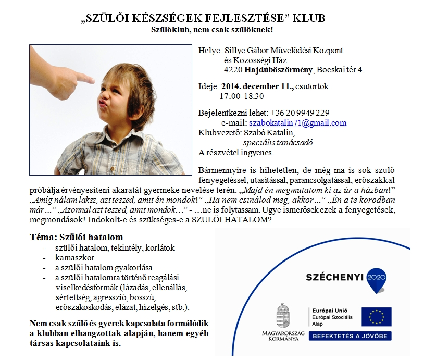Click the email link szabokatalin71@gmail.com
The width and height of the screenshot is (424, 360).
(x=297, y=123)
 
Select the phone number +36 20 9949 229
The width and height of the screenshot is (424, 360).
(x=300, y=113)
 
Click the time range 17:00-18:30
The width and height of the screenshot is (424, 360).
(x=242, y=96)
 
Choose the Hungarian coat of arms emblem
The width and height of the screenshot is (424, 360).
(x=284, y=314)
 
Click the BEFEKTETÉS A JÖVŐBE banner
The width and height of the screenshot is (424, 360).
(x=351, y=337)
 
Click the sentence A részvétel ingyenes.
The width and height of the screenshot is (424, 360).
(x=236, y=153)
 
